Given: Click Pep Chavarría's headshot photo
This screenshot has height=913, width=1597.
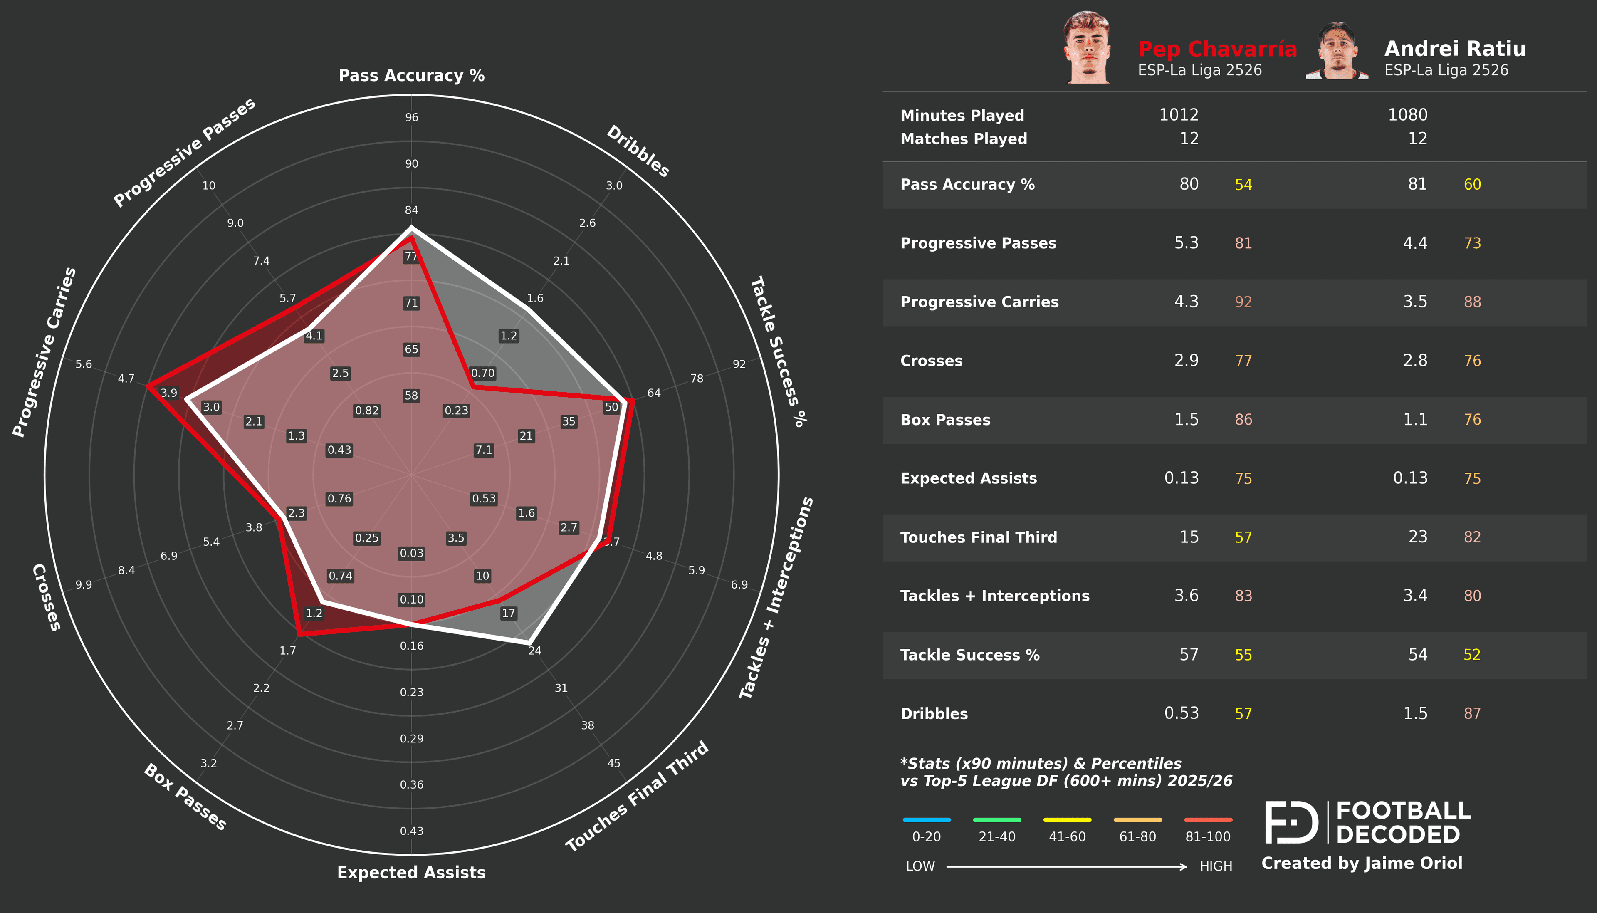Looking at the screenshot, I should coord(1088,48).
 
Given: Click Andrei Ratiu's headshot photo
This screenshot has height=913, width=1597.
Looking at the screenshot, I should coord(1337,52).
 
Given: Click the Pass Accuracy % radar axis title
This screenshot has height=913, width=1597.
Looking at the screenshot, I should coord(411,75).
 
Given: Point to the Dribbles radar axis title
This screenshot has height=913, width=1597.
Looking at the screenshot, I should coord(638,151).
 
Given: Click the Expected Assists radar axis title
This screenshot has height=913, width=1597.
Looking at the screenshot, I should coord(411,872).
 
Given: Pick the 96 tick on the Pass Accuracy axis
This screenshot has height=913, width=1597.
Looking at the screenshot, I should coord(411,117).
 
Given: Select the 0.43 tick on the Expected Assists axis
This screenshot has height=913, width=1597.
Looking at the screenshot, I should coord(411,831).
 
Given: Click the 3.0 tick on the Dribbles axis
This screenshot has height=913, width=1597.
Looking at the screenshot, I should coord(613,186).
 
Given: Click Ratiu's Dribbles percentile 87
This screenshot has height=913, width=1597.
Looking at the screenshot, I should coord(1472,714).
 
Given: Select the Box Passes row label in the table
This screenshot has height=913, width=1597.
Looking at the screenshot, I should coord(945,420).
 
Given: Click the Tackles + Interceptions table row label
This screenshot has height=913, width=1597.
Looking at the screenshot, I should coord(995,596).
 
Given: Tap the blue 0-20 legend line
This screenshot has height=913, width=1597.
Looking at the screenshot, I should coord(926,819).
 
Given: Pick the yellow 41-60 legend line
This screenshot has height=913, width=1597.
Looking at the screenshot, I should coord(1067,819).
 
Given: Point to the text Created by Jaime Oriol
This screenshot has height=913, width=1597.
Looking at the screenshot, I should coord(1361,864).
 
